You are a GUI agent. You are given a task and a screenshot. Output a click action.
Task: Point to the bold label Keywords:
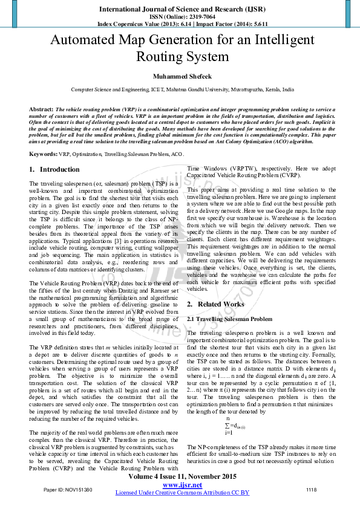point(43,155)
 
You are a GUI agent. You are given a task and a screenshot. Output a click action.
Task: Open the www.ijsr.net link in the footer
point(182,485)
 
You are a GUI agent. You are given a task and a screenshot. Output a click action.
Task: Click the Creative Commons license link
point(182,493)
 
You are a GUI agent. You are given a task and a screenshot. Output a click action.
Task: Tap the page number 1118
point(311,489)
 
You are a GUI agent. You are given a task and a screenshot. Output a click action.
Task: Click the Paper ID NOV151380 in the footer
point(68,489)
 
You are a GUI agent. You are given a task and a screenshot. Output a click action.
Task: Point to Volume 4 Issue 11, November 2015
point(182,476)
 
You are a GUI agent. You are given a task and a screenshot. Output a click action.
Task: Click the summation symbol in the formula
point(227,425)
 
